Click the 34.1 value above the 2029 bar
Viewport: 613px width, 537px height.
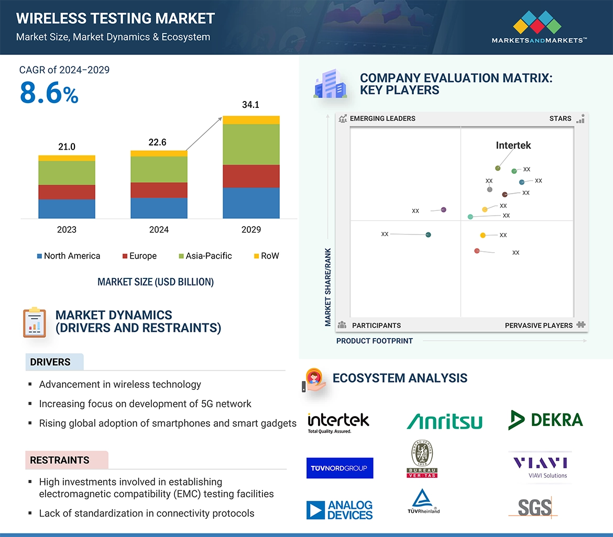(250, 105)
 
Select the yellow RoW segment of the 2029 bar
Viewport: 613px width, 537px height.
(251, 120)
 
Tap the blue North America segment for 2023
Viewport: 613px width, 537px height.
(67, 208)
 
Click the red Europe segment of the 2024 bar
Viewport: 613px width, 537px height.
(159, 190)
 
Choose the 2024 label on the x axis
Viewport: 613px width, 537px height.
(159, 230)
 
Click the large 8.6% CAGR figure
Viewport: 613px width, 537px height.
(49, 94)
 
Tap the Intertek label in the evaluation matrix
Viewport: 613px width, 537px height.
(513, 146)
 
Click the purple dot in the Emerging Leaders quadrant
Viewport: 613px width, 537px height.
(443, 210)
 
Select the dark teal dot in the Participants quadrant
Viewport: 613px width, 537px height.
(428, 235)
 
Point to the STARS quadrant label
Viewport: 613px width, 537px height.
(560, 119)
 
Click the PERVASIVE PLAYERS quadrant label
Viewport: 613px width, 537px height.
(539, 326)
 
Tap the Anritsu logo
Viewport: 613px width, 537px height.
(444, 421)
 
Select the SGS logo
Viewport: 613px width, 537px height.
(535, 507)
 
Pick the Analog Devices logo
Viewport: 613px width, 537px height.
(340, 510)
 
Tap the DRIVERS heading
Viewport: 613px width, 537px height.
(50, 362)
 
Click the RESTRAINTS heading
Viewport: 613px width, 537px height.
(60, 460)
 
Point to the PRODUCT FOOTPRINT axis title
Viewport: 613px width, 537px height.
(374, 341)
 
